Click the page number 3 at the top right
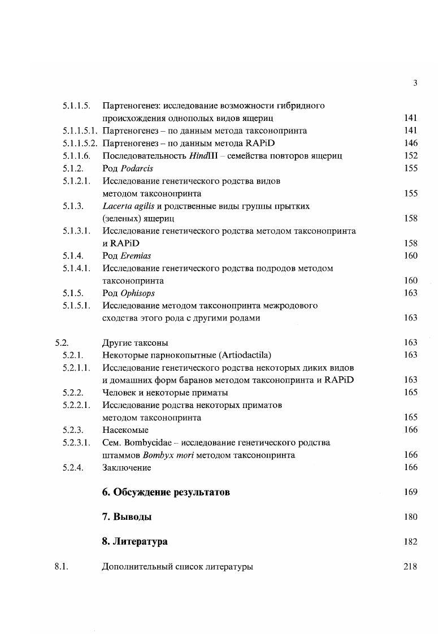pyautogui.click(x=415, y=83)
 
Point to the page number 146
pyautogui.click(x=411, y=143)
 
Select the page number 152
pyautogui.click(x=411, y=155)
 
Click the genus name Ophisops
pyautogui.click(x=137, y=293)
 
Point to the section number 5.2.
pyautogui.click(x=62, y=342)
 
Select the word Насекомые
pyautogui.click(x=125, y=430)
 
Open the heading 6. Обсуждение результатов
pyautogui.click(x=166, y=492)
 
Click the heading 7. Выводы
pyautogui.click(x=127, y=517)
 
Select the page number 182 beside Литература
pyautogui.click(x=411, y=542)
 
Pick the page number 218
pyautogui.click(x=411, y=567)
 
